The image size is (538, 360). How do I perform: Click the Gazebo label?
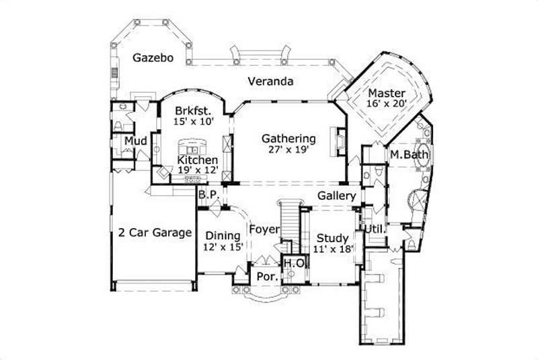(x=153, y=58)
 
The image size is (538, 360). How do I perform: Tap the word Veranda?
(x=270, y=81)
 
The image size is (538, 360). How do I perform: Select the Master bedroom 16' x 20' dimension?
(x=386, y=104)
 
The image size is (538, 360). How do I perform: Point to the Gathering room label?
(x=289, y=139)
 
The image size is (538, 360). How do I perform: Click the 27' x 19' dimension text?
(x=289, y=149)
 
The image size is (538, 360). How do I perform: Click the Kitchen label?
(x=197, y=160)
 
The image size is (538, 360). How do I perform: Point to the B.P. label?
(x=206, y=194)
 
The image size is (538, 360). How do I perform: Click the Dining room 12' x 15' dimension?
(x=222, y=247)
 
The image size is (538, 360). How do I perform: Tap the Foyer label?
(x=264, y=229)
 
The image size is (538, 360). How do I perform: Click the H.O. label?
(x=292, y=263)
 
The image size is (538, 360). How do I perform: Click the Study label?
(x=332, y=238)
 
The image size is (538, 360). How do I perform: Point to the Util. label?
(x=375, y=229)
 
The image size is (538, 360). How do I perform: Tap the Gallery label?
(x=337, y=195)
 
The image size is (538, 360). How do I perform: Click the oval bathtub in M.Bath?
(x=423, y=154)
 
